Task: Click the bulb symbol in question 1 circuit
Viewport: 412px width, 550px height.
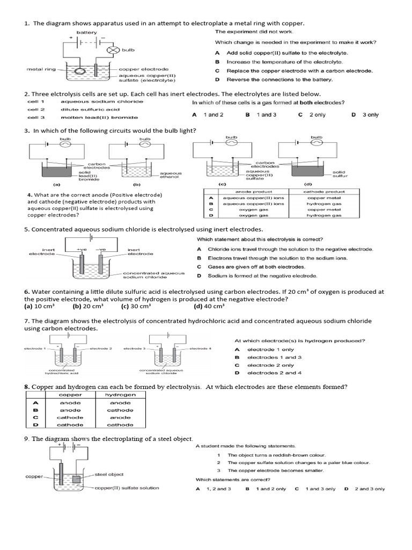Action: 113,50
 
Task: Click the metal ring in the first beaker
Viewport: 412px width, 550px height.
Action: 79,71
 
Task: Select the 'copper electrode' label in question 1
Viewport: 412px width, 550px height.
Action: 143,69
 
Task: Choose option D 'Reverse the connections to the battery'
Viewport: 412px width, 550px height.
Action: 279,79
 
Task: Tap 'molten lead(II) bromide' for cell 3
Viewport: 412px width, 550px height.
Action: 99,117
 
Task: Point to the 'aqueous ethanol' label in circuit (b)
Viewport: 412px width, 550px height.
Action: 171,175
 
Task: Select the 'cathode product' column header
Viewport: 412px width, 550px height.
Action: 323,192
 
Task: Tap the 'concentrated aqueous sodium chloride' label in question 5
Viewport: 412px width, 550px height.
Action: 153,275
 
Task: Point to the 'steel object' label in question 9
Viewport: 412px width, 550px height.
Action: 109,474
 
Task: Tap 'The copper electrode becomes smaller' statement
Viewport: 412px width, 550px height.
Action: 276,471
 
